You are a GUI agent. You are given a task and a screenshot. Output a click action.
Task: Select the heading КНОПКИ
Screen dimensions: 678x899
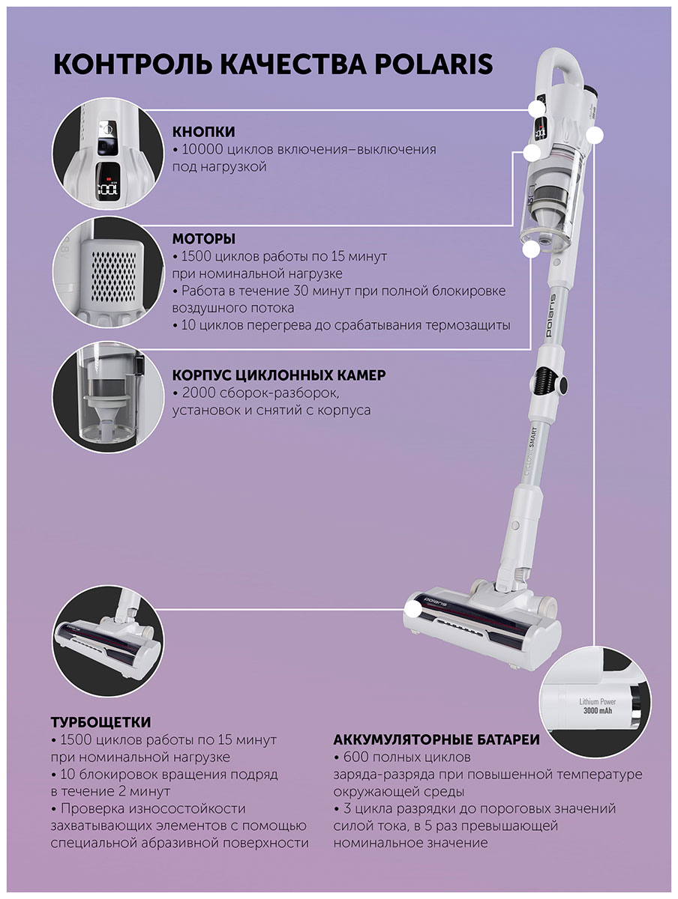(204, 132)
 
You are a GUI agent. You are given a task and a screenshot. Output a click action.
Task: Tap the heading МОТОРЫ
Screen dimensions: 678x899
(204, 238)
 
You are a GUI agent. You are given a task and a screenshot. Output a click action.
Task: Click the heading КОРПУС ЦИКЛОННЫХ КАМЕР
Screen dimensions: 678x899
(279, 375)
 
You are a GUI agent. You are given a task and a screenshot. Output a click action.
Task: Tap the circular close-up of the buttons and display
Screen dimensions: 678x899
(108, 154)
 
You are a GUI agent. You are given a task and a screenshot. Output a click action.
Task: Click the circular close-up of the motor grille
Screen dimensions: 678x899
(108, 272)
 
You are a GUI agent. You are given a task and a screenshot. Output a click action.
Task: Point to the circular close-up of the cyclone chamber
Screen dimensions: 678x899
(108, 397)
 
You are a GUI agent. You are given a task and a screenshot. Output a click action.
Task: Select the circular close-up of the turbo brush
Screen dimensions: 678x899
(108, 641)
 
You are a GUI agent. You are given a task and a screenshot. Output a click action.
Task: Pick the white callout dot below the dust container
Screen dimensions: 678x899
(531, 249)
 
